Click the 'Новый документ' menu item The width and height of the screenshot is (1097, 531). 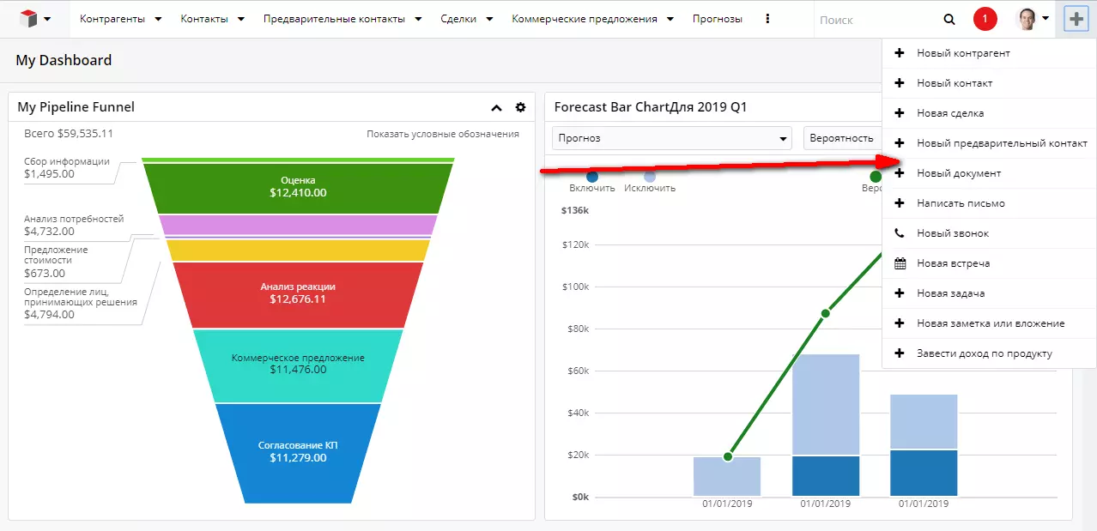(959, 173)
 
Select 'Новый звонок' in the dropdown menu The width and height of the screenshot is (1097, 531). (953, 233)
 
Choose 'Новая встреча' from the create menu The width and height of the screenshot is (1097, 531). (953, 263)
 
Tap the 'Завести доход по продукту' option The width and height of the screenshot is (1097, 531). (985, 353)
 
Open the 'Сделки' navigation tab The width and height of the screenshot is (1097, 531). (458, 19)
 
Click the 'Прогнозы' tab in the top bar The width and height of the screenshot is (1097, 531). (718, 19)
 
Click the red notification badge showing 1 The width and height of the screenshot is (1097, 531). (985, 19)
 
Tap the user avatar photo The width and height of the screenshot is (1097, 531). (1027, 19)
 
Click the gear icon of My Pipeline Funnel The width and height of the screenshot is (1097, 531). (520, 107)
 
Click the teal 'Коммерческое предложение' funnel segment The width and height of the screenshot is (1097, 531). (298, 365)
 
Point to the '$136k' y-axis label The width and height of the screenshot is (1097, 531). (575, 210)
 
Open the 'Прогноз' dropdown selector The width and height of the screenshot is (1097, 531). (672, 138)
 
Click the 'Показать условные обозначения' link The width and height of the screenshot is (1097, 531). (443, 134)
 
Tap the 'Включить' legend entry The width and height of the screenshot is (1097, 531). (591, 188)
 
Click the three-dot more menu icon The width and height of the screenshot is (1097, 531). (767, 19)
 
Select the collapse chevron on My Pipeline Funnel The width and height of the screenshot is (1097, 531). (497, 108)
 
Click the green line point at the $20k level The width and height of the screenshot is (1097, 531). (728, 456)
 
